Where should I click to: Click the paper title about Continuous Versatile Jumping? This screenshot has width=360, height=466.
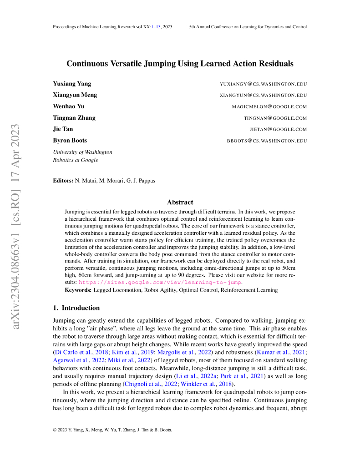click(x=180, y=64)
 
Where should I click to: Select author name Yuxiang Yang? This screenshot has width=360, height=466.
click(x=72, y=84)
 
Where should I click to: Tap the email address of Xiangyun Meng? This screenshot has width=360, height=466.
click(x=263, y=96)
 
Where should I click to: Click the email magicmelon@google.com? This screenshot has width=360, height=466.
click(x=269, y=107)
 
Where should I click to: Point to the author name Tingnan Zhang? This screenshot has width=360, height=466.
click(x=74, y=118)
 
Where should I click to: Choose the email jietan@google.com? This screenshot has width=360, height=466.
click(x=278, y=129)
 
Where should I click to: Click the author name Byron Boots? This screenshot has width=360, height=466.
click(x=70, y=141)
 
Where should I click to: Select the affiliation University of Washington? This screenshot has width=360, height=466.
click(x=82, y=152)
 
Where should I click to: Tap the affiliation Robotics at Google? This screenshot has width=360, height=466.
click(x=76, y=160)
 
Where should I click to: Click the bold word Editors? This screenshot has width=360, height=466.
click(x=63, y=181)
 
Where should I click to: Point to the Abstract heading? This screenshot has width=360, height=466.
click(x=180, y=202)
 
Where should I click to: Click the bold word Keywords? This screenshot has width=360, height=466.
click(x=78, y=290)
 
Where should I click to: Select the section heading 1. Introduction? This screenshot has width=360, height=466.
click(x=76, y=308)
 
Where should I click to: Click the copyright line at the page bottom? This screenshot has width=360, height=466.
click(x=112, y=430)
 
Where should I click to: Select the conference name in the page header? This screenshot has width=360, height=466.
click(x=248, y=27)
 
